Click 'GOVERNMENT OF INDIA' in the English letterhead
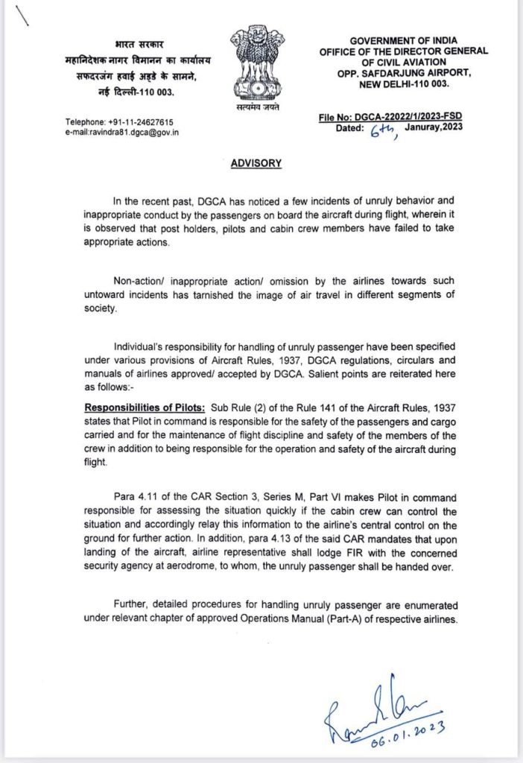click(x=403, y=40)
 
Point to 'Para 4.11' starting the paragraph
click(x=133, y=497)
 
